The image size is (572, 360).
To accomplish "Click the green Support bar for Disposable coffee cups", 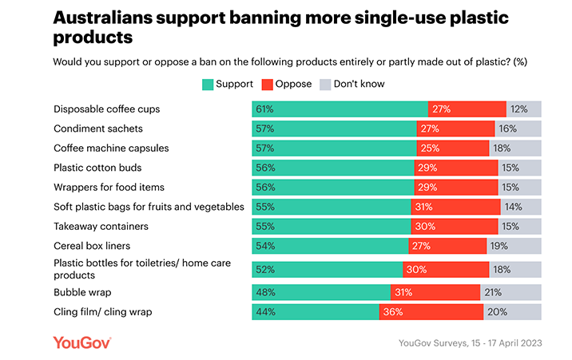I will coord(340,109).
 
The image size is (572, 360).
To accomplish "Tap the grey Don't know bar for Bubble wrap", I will coord(510,291).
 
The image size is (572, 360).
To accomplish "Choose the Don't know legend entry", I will coord(348,83).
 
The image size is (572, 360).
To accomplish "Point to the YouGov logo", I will coord(81,342).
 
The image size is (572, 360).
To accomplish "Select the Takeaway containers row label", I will coord(101,226).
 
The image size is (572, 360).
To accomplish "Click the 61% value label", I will coord(264,109).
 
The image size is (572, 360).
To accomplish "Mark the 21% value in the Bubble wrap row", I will coord(491,291).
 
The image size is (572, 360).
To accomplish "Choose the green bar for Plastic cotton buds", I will coord(333,168).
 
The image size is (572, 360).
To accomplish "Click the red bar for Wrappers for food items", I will coord(456,187).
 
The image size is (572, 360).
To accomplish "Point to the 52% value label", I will coord(264,269).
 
